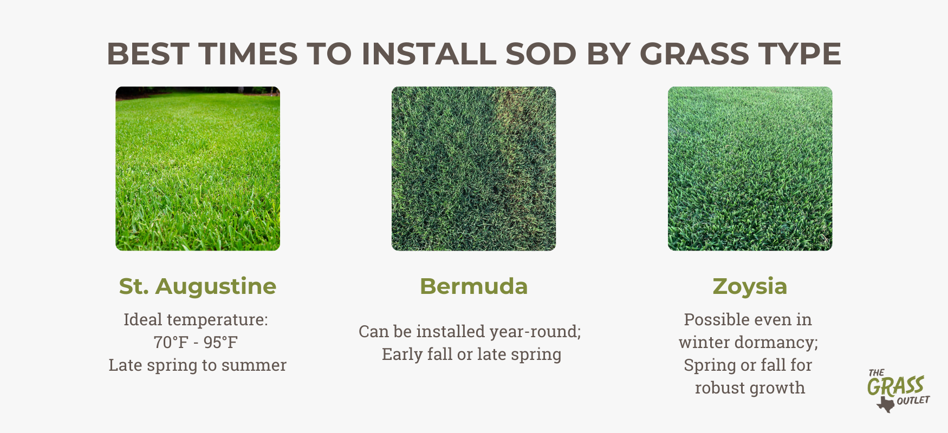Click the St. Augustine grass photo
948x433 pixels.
coord(198,168)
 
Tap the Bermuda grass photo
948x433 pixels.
coord(474,168)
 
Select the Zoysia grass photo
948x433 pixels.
coord(750,168)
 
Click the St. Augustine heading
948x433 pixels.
coord(198,286)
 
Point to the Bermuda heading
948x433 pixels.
coord(474,286)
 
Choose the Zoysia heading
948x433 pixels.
coord(750,287)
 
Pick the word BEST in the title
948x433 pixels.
coord(148,54)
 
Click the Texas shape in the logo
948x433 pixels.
coord(886,404)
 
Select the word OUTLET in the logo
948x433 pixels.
coord(913,401)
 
